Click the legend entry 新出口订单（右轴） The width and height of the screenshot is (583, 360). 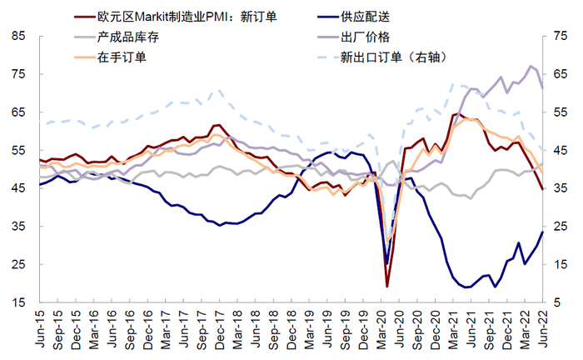pos(395,57)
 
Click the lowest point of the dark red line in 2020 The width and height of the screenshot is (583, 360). pos(387,287)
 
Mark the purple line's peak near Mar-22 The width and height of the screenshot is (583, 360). pos(531,66)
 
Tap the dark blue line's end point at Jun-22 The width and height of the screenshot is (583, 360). pos(543,232)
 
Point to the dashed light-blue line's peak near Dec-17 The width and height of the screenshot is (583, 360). pos(218,90)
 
